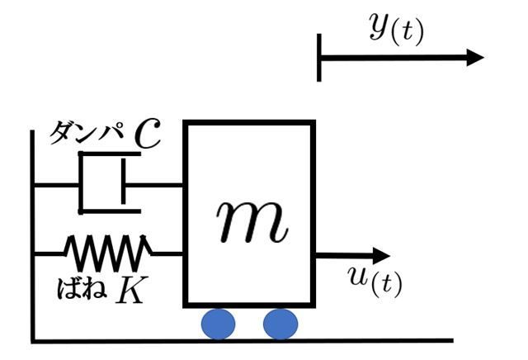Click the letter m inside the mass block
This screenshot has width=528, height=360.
[x=252, y=222]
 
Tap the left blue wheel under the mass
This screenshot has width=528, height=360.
[x=218, y=324]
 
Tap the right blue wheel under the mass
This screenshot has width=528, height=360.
[x=280, y=324]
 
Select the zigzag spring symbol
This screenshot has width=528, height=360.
[x=108, y=253]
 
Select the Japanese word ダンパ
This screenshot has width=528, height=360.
[x=86, y=133]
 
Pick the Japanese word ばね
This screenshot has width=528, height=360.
[x=82, y=288]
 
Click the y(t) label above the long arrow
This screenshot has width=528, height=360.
[x=396, y=29]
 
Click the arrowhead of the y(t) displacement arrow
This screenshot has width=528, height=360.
[x=475, y=57]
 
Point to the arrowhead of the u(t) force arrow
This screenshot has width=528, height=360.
[x=381, y=255]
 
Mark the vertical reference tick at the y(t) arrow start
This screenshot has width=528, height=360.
[x=319, y=58]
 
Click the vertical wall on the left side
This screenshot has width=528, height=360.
[x=33, y=236]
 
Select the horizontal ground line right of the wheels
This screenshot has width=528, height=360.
[x=375, y=340]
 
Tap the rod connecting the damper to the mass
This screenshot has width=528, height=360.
[x=154, y=185]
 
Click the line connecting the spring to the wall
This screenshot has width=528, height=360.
[x=49, y=253]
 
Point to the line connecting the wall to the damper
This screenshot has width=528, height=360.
[x=57, y=185]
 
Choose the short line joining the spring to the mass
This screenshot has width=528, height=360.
[x=167, y=253]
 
